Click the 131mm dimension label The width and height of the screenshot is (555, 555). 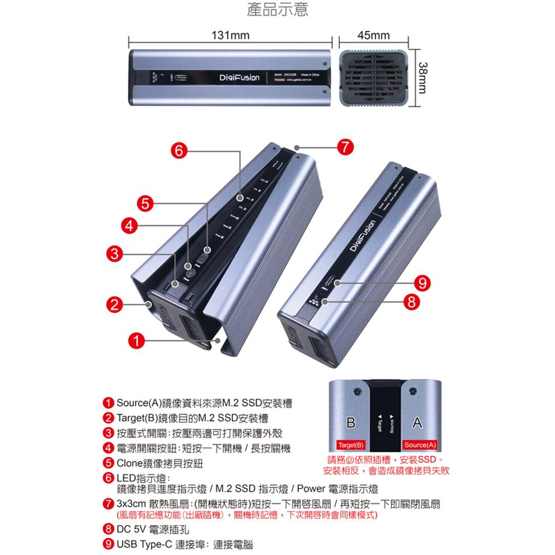[230, 36]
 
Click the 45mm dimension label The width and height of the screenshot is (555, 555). [373, 36]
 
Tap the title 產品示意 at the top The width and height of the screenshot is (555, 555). [277, 10]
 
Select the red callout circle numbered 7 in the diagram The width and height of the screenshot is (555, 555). [346, 147]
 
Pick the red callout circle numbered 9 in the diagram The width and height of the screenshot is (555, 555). [421, 283]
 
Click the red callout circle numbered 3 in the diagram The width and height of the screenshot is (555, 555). [115, 254]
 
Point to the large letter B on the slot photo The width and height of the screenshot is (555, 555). [350, 422]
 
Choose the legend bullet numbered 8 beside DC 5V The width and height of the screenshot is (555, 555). [108, 530]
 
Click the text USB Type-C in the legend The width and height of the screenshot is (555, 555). [145, 545]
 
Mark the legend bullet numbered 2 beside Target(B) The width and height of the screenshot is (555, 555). [108, 419]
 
